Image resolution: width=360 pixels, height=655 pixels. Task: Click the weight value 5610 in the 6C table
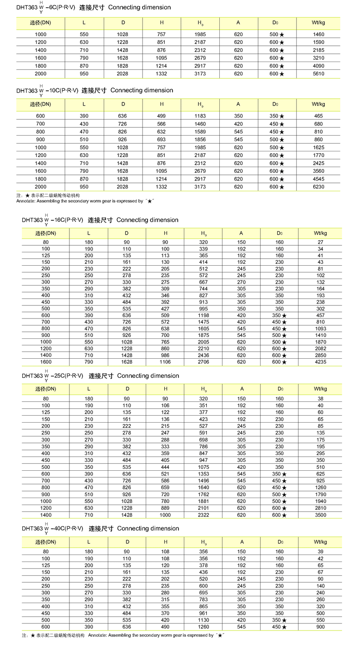pos(319,74)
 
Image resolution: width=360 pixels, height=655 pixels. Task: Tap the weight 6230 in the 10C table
pos(319,187)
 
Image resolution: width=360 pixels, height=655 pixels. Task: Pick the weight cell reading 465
pos(319,116)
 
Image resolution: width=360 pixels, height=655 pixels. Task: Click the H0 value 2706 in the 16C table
pos(204,362)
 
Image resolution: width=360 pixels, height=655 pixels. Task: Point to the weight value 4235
pos(321,362)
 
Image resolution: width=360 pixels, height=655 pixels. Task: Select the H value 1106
pos(165,362)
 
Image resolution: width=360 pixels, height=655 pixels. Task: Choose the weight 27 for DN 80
pos(321,242)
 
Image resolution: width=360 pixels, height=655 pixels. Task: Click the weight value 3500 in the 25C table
pos(321,514)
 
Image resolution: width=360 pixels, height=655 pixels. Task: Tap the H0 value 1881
pos(204,501)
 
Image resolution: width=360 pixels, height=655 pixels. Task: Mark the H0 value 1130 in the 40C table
pos(204,620)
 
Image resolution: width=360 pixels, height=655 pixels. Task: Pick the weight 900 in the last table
pos(321,627)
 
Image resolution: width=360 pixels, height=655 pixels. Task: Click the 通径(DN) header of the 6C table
pos(40,23)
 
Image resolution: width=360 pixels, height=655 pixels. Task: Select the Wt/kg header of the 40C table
pos(321,542)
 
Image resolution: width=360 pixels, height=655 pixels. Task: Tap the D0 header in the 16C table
pos(279,233)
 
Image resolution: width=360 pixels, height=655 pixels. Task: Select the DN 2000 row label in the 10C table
pos(41,187)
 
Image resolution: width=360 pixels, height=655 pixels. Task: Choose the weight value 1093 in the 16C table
pos(321,328)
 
